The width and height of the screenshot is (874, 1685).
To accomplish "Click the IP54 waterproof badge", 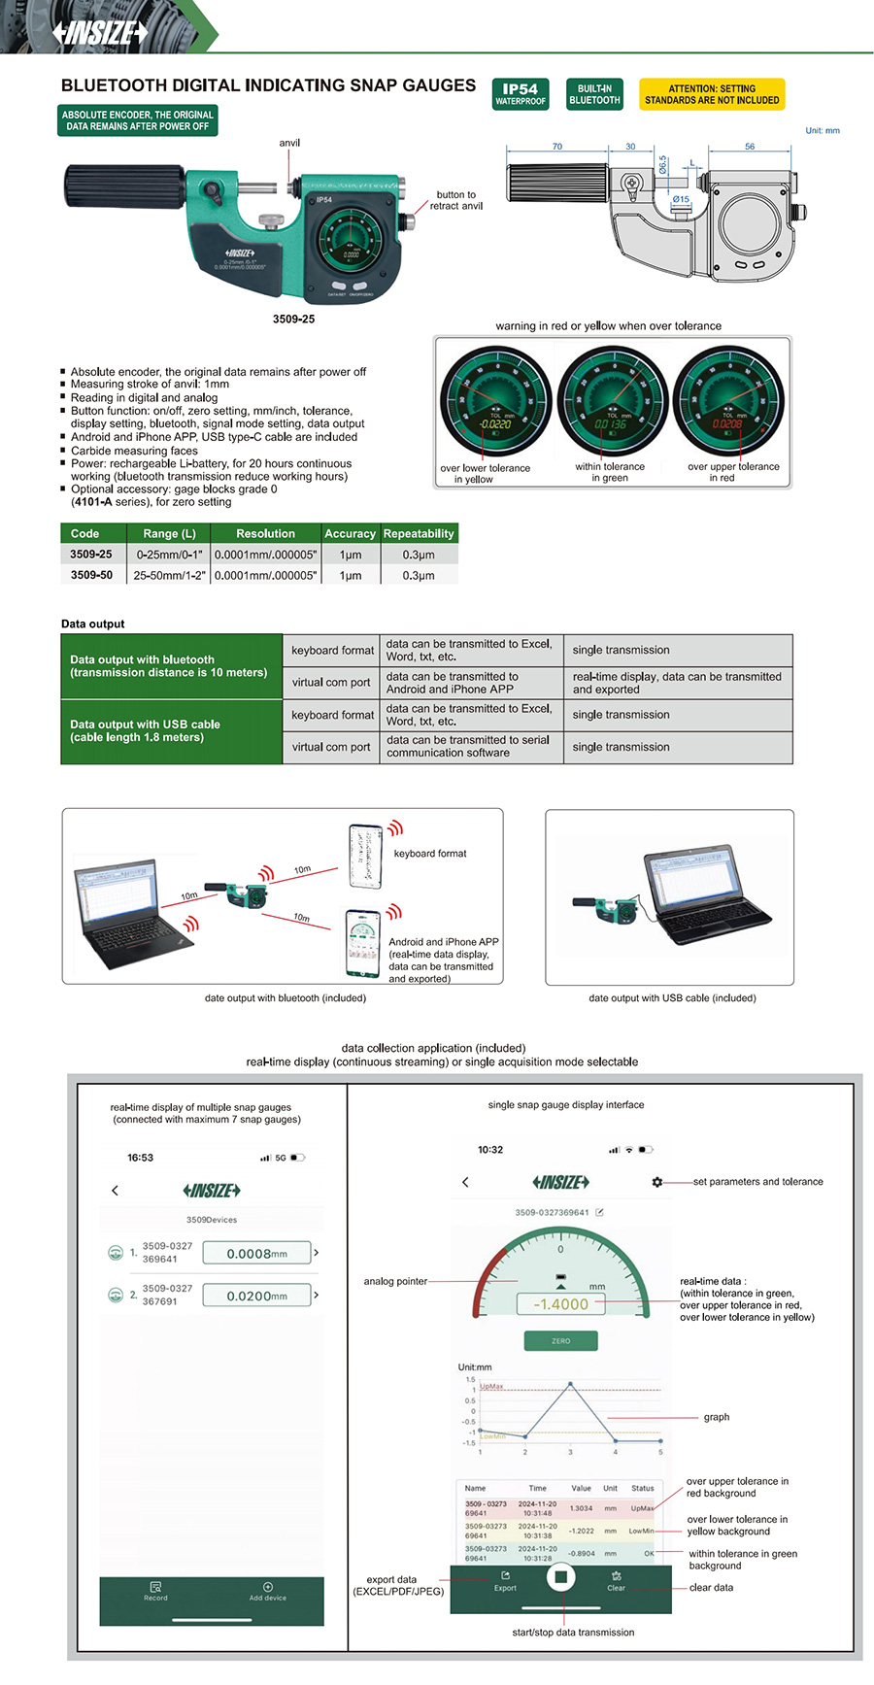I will pos(521,93).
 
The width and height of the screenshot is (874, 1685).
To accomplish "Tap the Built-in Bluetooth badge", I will pos(594,93).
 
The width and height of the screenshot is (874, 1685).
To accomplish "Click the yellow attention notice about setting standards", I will pos(712,93).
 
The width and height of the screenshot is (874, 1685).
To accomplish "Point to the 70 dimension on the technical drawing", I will pos(557,147).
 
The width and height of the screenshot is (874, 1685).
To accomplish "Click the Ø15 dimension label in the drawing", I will pos(681,199).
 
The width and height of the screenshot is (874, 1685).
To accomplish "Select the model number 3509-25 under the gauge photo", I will pos(293,319).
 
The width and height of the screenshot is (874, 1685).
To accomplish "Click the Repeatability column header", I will pos(419,533).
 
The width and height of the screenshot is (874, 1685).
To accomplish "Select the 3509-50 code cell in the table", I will pos(91,575).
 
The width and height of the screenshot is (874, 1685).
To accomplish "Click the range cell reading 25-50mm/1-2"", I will pos(169,575).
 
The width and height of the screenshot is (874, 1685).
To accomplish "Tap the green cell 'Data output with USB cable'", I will pos(171,731).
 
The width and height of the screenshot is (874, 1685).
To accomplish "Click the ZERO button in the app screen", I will pos(560,1341).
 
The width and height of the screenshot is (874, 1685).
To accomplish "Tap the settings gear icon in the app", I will pos(657,1182).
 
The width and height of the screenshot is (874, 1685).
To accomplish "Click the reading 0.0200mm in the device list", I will pos(256,1296).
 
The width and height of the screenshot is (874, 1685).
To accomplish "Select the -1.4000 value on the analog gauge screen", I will pos(561,1304).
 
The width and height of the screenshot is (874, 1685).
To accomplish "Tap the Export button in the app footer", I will pos(505,1581).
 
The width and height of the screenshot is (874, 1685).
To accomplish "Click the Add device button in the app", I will pos(267,1591).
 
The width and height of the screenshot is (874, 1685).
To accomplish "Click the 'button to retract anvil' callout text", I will pos(456,200).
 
